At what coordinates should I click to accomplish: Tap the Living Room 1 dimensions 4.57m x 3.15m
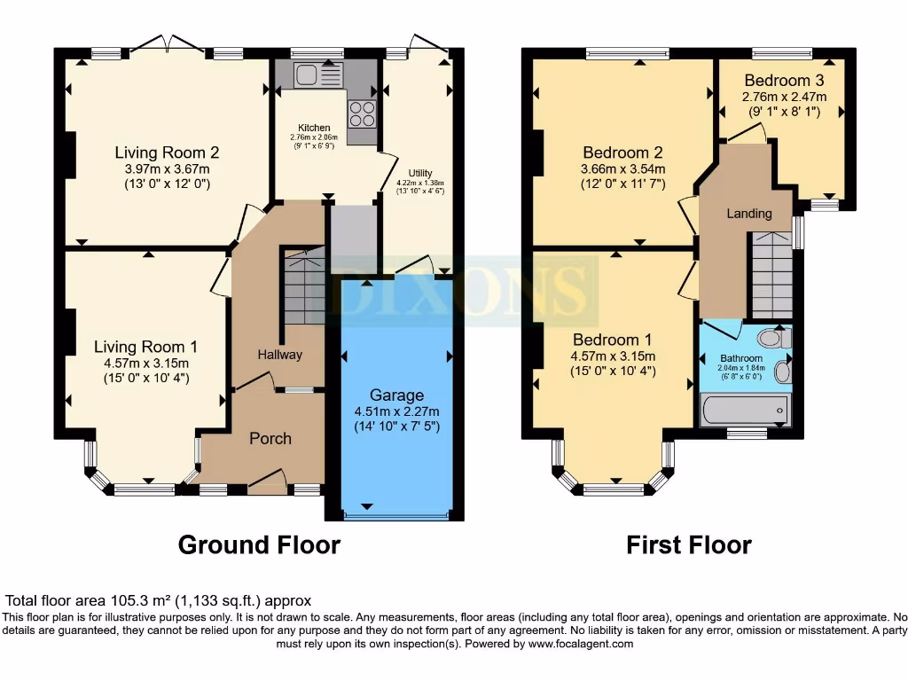(x=146, y=363)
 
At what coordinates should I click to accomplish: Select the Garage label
(x=396, y=395)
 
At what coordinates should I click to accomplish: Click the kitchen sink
(x=308, y=76)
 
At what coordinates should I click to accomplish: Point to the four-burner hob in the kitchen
(x=362, y=113)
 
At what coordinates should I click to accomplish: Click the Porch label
(x=270, y=438)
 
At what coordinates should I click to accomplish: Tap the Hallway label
(x=280, y=355)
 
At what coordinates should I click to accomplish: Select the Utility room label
(x=420, y=172)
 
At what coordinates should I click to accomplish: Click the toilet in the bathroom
(x=773, y=338)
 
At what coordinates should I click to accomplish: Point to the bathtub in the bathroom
(x=743, y=410)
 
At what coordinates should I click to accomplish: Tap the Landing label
(x=749, y=214)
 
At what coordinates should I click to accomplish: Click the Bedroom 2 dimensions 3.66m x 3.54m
(x=622, y=168)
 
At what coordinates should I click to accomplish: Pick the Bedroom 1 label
(x=612, y=340)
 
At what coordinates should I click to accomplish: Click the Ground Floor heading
(x=259, y=544)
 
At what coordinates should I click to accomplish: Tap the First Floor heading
(x=689, y=544)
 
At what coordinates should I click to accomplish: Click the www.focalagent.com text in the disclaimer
(x=580, y=644)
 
